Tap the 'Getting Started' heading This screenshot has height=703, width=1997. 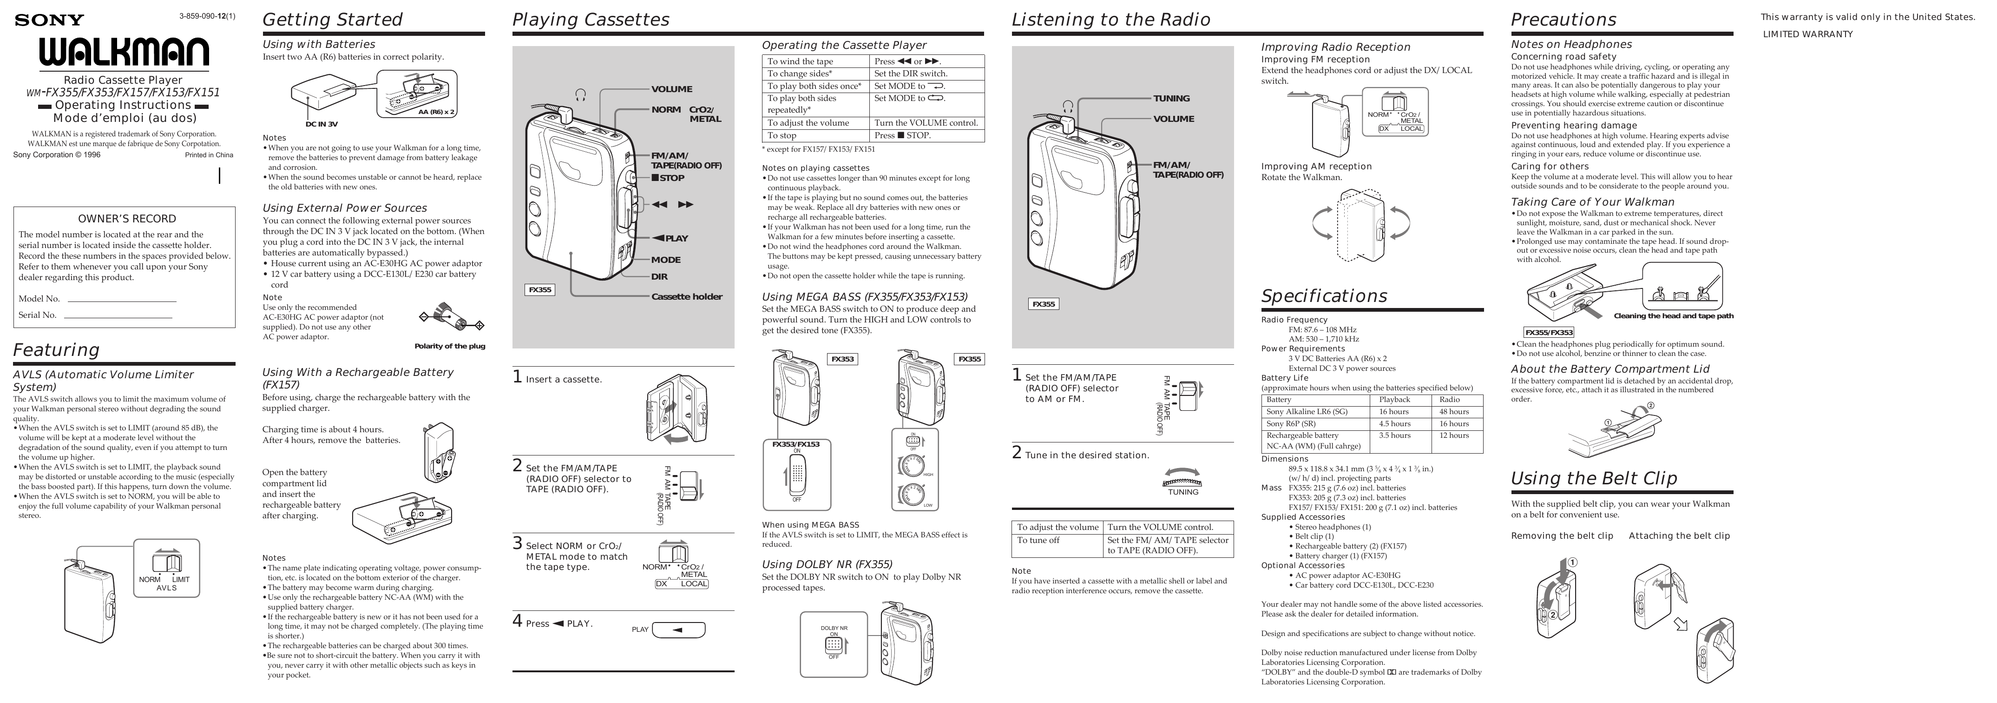pos(333,20)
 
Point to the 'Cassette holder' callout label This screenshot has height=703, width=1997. pos(686,296)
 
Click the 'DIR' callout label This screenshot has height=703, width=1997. pos(659,276)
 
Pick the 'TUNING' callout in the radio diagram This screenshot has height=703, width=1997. pos(1171,99)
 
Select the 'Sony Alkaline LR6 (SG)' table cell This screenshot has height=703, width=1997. pos(1307,412)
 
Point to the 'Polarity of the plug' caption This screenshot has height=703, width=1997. pos(450,346)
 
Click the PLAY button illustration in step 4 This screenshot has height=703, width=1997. pos(678,629)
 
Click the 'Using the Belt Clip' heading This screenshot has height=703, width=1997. pos(1594,478)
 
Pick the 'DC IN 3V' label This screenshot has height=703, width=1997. pos(321,124)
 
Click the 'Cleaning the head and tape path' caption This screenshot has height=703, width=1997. pos(1674,316)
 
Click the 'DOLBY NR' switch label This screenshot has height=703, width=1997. pos(834,628)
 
